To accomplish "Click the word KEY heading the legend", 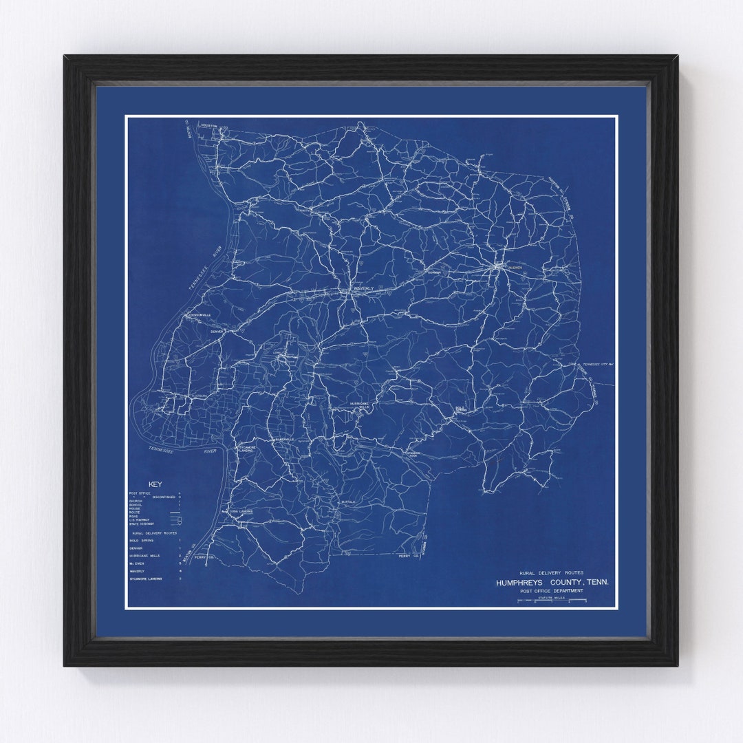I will tap(155, 484).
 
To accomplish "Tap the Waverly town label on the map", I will tap(363, 288).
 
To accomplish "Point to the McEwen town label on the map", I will tap(515, 266).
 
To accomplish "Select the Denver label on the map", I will tap(217, 331).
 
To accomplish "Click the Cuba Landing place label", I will tap(241, 512).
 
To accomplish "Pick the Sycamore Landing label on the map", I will tap(246, 449).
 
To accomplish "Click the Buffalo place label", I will tap(348, 502).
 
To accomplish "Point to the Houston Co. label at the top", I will tap(208, 126).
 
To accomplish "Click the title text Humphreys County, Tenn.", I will tap(552, 582).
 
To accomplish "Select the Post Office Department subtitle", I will tap(552, 590).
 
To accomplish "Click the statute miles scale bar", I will tap(552, 601).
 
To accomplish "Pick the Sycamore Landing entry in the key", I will tap(146, 579).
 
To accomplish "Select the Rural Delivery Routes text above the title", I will tap(551, 572).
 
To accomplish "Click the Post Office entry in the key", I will tap(139, 494).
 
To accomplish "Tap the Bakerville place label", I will tap(283, 439).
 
